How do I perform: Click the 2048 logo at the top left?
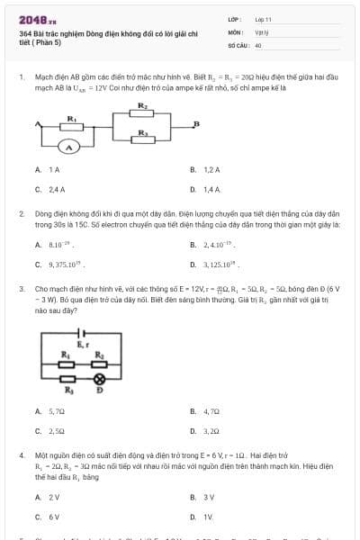tap(36, 20)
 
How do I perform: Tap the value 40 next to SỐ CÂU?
tap(258, 44)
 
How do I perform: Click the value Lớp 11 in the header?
tap(263, 18)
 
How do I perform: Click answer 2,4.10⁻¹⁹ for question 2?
tap(218, 244)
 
